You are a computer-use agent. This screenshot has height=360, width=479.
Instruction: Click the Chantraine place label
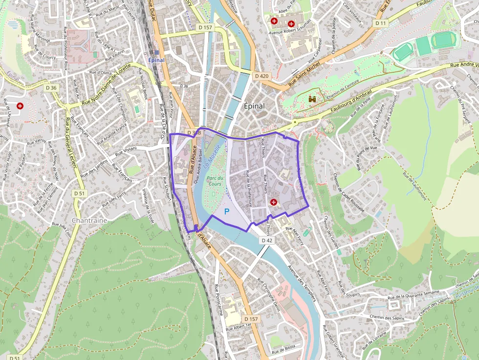pyautogui.click(x=89, y=220)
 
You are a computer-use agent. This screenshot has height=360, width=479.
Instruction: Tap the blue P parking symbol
pyautogui.click(x=226, y=212)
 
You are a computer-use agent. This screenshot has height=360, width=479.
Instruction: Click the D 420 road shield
pyautogui.click(x=261, y=76)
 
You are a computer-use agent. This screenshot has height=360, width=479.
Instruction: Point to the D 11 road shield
pyautogui.click(x=381, y=23)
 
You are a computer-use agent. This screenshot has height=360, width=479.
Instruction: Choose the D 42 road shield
pyautogui.click(x=266, y=240)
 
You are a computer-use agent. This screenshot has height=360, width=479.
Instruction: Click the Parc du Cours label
pyautogui.click(x=215, y=181)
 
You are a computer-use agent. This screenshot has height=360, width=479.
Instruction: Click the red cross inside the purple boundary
pyautogui.click(x=273, y=202)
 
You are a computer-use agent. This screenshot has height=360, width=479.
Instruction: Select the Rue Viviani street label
pyautogui.click(x=126, y=151)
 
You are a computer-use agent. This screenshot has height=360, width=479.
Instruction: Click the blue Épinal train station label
pyautogui.click(x=156, y=60)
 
